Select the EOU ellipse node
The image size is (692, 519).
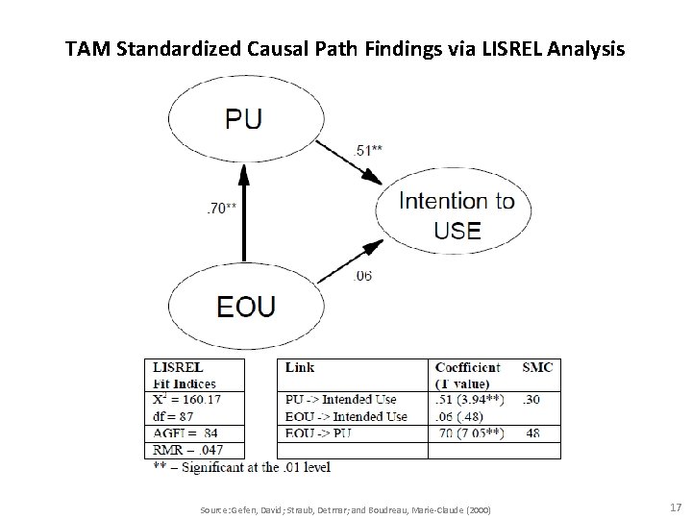coord(245,306)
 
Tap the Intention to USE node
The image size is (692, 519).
coord(457,215)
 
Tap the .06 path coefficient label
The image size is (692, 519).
coord(363,277)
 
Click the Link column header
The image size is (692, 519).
coord(302,367)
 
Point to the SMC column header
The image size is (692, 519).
coord(537,367)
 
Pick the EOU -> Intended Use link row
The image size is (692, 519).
coord(347,416)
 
